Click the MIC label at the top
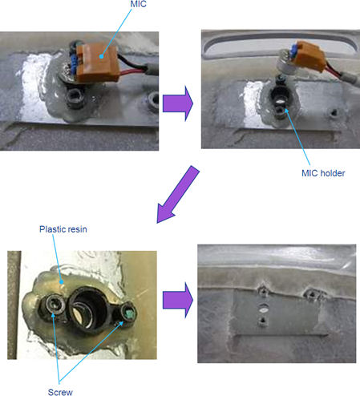click(x=138, y=4)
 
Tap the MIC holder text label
click(x=323, y=173)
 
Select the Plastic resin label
click(x=63, y=229)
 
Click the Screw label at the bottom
click(x=60, y=392)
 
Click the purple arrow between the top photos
click(x=178, y=103)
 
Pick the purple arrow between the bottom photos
click(x=178, y=300)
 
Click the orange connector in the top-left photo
click(x=97, y=63)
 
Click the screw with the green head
click(x=129, y=312)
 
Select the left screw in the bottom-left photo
click(x=55, y=305)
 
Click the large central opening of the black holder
click(x=86, y=308)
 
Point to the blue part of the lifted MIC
click(x=294, y=50)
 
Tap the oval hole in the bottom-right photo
click(x=263, y=310)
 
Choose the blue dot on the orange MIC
click(x=101, y=56)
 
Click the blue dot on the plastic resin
click(x=62, y=281)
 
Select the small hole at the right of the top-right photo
click(x=334, y=113)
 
